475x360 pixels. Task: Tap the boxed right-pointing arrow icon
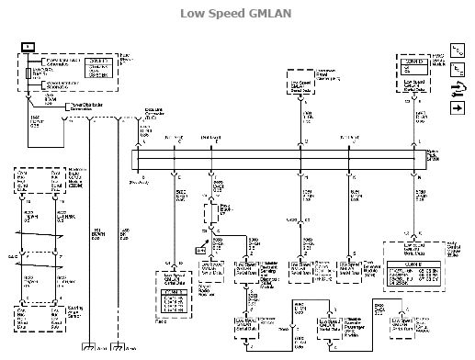[457, 108]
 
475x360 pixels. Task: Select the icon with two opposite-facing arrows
[457, 88]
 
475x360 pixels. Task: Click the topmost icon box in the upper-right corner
[457, 50]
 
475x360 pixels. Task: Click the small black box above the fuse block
[28, 45]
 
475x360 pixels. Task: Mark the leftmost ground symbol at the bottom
[89, 350]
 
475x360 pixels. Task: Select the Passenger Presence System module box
[335, 326]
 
